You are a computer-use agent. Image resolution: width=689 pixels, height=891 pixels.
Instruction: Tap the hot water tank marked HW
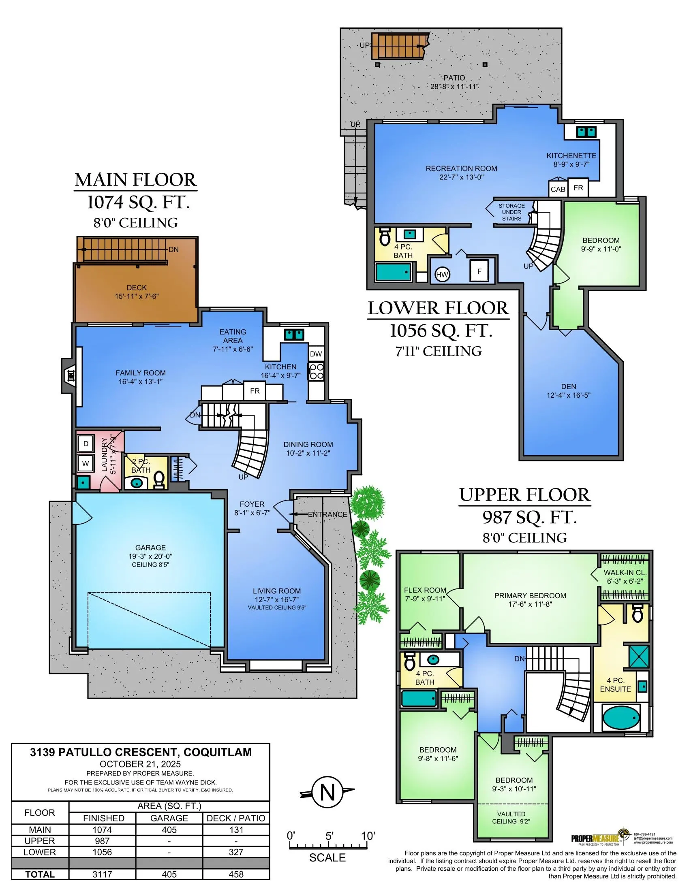coord(442,275)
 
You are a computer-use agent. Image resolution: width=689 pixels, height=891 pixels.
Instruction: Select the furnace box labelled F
coord(479,271)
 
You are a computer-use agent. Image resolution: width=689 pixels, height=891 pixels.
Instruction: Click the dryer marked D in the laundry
coord(86,444)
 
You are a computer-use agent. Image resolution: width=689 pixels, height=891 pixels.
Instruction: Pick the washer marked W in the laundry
coord(86,463)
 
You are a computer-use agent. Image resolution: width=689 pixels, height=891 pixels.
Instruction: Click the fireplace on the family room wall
coord(71,375)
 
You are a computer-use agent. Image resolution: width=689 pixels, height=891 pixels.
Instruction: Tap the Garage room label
coord(150,548)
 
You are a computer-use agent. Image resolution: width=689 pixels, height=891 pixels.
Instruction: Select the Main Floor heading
coord(135,180)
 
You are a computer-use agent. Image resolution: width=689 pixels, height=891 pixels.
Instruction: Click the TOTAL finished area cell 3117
coord(103,874)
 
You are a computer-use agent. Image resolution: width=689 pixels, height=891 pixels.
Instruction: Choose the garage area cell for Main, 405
coord(169,830)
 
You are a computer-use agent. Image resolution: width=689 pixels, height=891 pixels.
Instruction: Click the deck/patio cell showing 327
coord(236,852)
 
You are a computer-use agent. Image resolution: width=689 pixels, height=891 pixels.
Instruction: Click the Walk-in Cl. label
coord(625,573)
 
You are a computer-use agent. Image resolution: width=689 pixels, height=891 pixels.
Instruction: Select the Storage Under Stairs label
coord(511,212)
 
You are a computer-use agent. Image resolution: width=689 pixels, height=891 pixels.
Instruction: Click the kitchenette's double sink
coord(586,132)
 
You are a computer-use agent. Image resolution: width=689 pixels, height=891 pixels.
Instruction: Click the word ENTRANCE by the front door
coord(327,514)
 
